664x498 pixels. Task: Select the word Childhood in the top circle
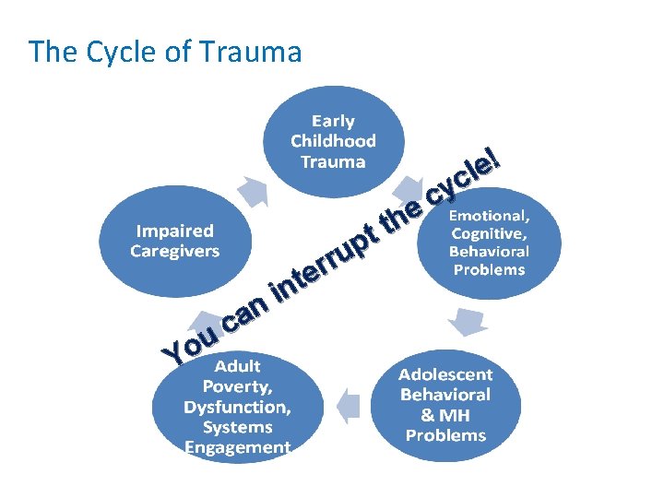333,141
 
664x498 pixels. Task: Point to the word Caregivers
175,251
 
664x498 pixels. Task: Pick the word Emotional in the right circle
489,215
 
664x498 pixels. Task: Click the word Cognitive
487,233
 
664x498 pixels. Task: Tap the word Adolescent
445,375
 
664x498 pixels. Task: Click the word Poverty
236,387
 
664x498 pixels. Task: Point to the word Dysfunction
236,407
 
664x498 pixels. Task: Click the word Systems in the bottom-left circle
236,427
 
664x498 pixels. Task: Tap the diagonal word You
190,344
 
